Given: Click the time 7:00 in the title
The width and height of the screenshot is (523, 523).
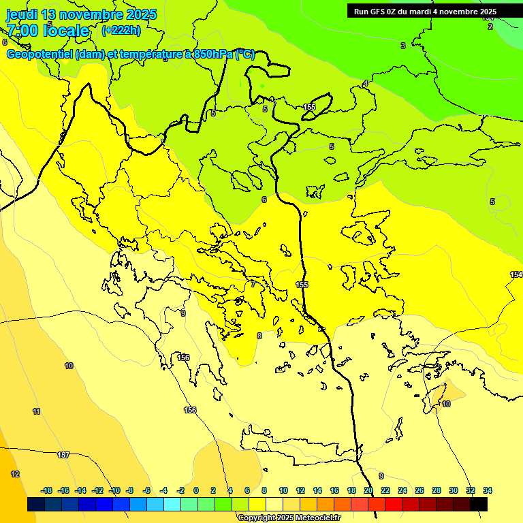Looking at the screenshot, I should point(24,31).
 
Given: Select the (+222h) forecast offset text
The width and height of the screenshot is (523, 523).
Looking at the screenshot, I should point(121,30).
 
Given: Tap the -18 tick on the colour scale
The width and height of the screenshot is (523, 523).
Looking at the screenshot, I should point(46,490).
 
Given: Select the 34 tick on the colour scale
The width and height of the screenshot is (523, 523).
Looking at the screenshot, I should point(488,490).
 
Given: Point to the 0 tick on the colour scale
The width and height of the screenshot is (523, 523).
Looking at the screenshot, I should point(196,490).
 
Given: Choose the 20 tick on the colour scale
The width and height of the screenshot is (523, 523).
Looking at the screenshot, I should point(368,490).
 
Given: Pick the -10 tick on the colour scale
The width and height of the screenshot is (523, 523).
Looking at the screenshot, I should point(114,490).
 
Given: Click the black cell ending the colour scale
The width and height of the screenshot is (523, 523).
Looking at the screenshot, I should point(479,504).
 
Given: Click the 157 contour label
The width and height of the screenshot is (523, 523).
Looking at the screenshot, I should point(63,455).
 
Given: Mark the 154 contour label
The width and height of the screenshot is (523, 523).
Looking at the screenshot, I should point(516,274).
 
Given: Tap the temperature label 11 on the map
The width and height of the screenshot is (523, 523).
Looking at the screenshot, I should point(36,411).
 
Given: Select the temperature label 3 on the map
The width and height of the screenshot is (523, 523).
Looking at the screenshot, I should point(402,46).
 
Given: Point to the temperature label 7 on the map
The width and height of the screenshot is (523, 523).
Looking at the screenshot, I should point(253,284).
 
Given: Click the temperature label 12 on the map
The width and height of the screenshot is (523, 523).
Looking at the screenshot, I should point(15,474).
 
